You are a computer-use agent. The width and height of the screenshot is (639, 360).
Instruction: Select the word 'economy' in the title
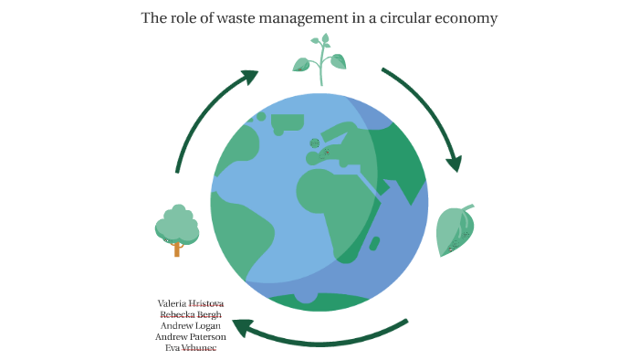[467, 18]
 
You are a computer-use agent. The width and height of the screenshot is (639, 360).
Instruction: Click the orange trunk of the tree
[176, 248]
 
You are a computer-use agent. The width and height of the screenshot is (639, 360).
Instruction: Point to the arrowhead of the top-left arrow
[249, 78]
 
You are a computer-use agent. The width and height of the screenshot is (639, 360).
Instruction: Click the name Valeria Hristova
[191, 302]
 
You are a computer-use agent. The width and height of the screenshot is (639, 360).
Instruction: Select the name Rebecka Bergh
[191, 314]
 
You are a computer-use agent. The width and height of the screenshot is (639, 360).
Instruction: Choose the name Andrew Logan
[191, 325]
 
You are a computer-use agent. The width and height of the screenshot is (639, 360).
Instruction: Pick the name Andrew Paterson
[191, 336]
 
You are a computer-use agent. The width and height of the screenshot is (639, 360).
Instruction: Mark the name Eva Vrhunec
[191, 348]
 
